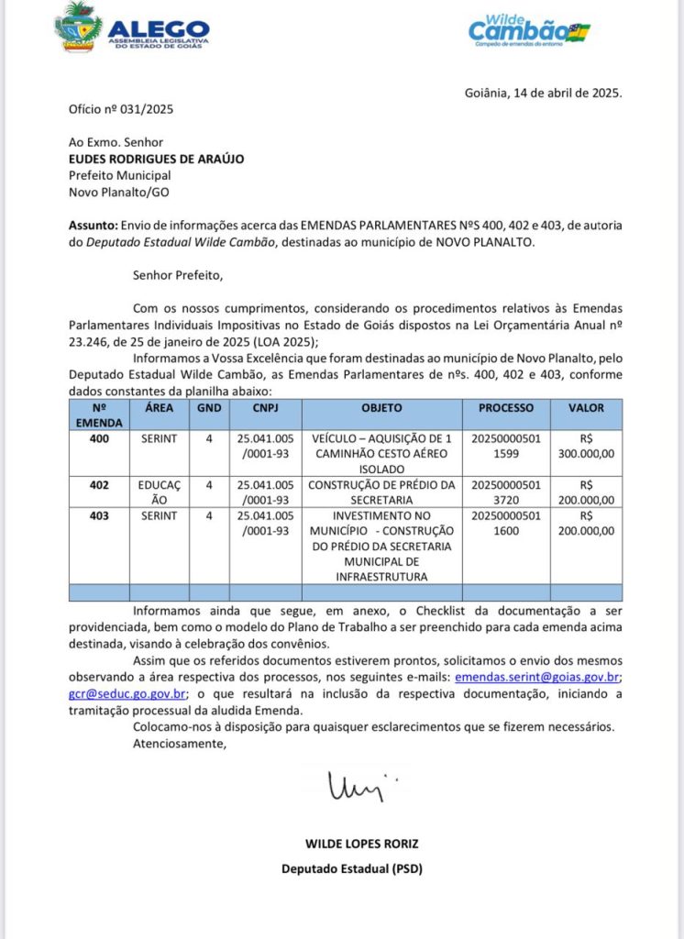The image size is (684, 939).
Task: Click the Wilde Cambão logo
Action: click(x=529, y=29)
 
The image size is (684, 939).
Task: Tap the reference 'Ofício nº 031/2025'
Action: click(x=121, y=110)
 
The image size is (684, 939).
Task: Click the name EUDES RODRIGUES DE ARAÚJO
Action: click(x=156, y=159)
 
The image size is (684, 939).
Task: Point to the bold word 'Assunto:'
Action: click(x=94, y=226)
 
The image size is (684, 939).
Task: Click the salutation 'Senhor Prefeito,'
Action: click(x=177, y=273)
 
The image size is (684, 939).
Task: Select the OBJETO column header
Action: click(x=381, y=408)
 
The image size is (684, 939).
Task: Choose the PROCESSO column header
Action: click(x=501, y=408)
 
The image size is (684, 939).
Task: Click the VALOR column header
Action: click(x=586, y=408)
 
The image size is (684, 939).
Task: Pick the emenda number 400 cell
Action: click(x=99, y=439)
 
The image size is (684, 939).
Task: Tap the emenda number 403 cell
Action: click(x=99, y=516)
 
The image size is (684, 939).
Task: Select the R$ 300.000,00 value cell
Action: click(x=586, y=447)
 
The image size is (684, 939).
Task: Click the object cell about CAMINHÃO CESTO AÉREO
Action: click(x=381, y=454)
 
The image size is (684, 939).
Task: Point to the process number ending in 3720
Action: click(x=501, y=492)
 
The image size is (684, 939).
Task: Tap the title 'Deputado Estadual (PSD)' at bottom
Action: click(x=351, y=867)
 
